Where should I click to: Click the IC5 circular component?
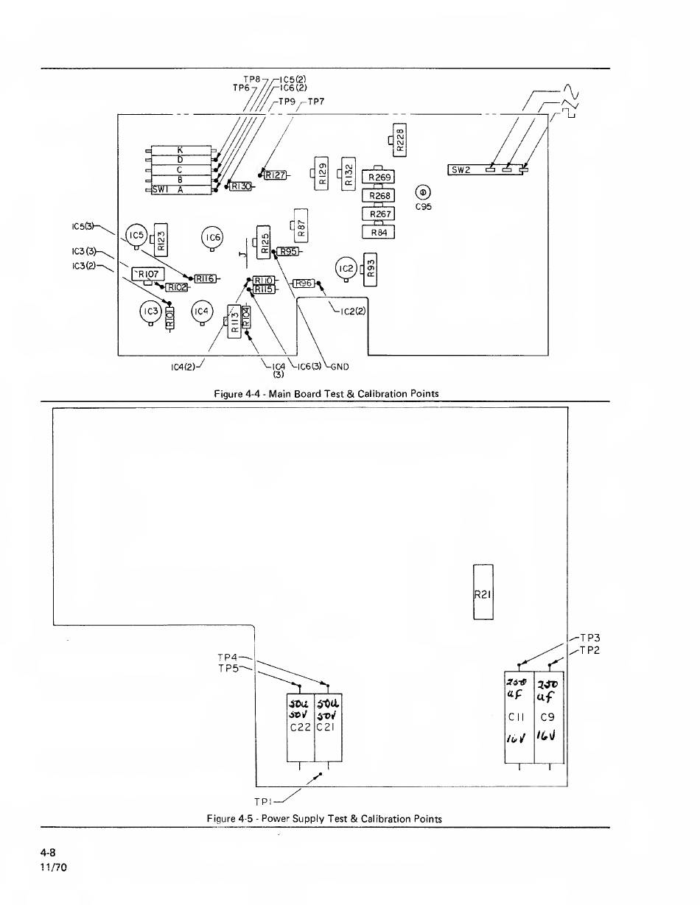[x=135, y=236]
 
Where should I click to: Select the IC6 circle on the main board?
[x=212, y=237]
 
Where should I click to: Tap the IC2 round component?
[x=346, y=269]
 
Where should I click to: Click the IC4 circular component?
[x=202, y=311]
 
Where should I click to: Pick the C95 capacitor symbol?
[x=423, y=192]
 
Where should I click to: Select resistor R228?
[x=399, y=140]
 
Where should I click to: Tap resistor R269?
[x=379, y=177]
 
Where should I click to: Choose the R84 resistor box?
[x=379, y=232]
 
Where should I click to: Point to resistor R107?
[x=147, y=274]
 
